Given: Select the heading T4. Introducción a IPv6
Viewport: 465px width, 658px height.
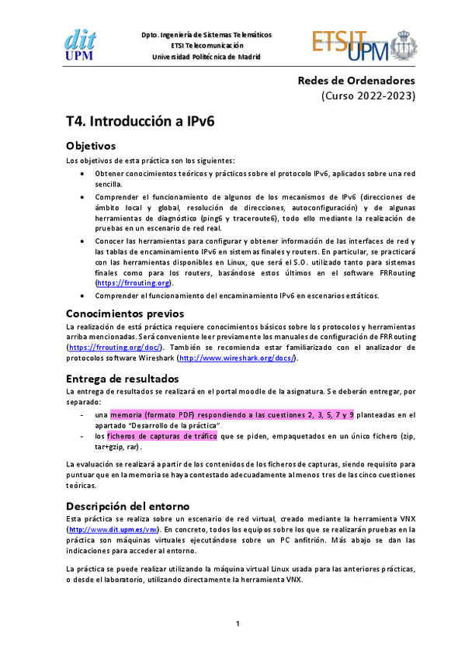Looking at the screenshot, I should [x=141, y=121].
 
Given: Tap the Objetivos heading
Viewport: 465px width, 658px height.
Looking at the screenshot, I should [x=91, y=145].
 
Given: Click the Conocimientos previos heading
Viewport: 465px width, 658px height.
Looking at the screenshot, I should [x=125, y=313].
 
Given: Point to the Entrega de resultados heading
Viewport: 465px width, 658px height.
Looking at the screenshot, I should [x=123, y=378].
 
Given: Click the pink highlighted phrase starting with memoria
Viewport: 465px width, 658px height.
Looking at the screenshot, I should [x=232, y=415].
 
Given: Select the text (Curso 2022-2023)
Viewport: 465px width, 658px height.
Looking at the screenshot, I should [x=369, y=96].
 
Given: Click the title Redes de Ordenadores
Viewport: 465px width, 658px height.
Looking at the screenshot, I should [x=357, y=81].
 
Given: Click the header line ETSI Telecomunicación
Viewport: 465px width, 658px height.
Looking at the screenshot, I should [x=206, y=46].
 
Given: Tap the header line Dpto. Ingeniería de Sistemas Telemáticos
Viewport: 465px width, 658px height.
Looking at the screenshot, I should [x=206, y=35].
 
